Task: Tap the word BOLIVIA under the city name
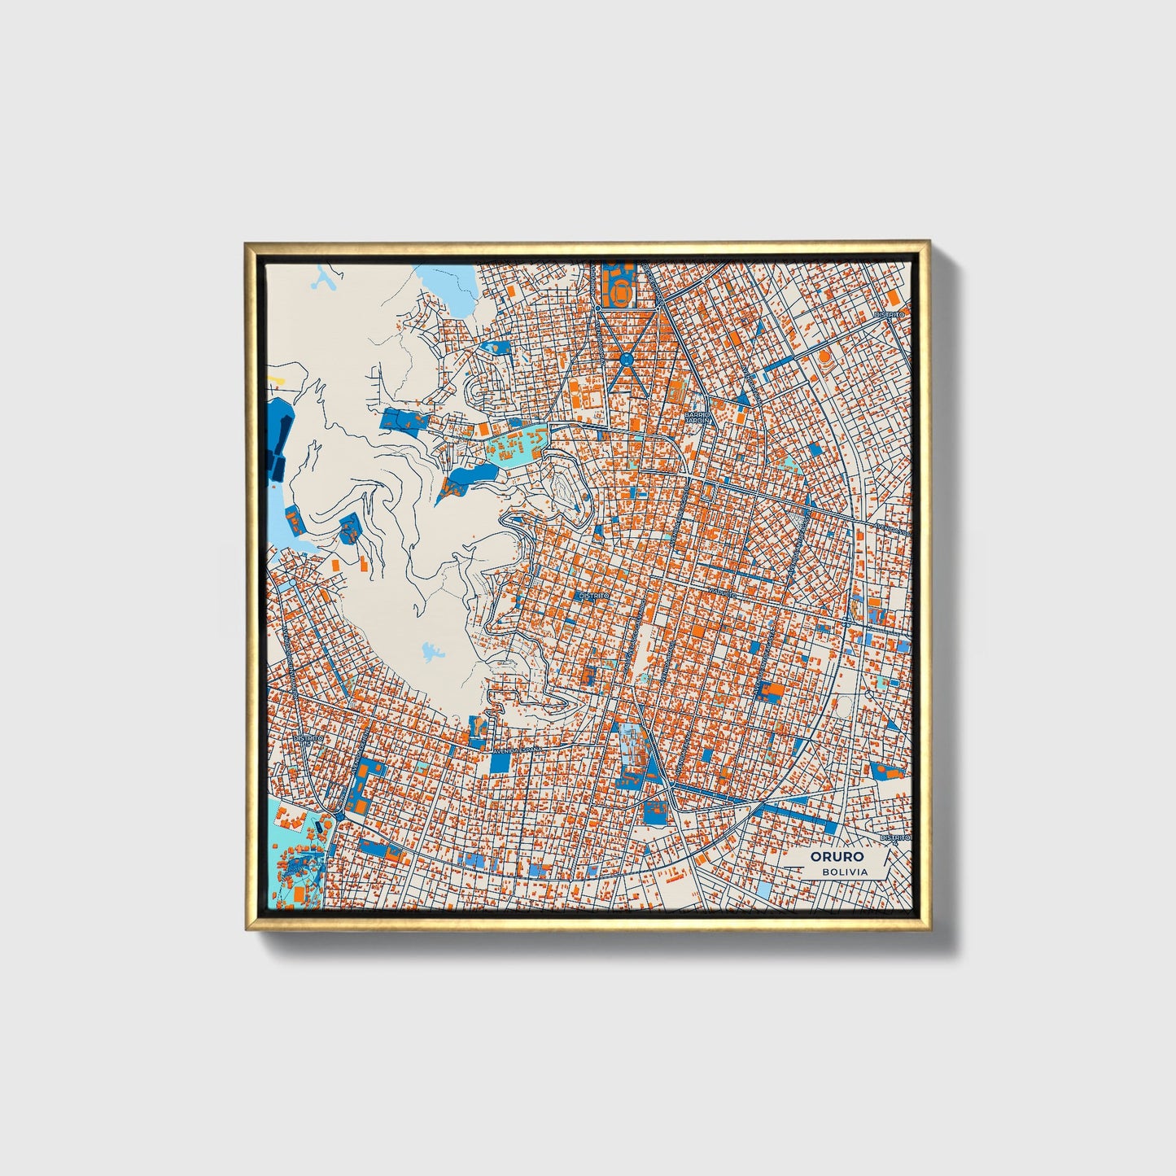(x=845, y=872)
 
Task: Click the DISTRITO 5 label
(x=308, y=739)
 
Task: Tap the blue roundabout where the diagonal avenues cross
(x=626, y=358)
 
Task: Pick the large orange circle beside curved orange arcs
(x=824, y=356)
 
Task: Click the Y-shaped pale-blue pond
(x=325, y=282)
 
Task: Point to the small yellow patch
(x=278, y=379)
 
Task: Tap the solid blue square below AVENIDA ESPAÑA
(x=500, y=763)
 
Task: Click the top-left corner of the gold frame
(x=247, y=243)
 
